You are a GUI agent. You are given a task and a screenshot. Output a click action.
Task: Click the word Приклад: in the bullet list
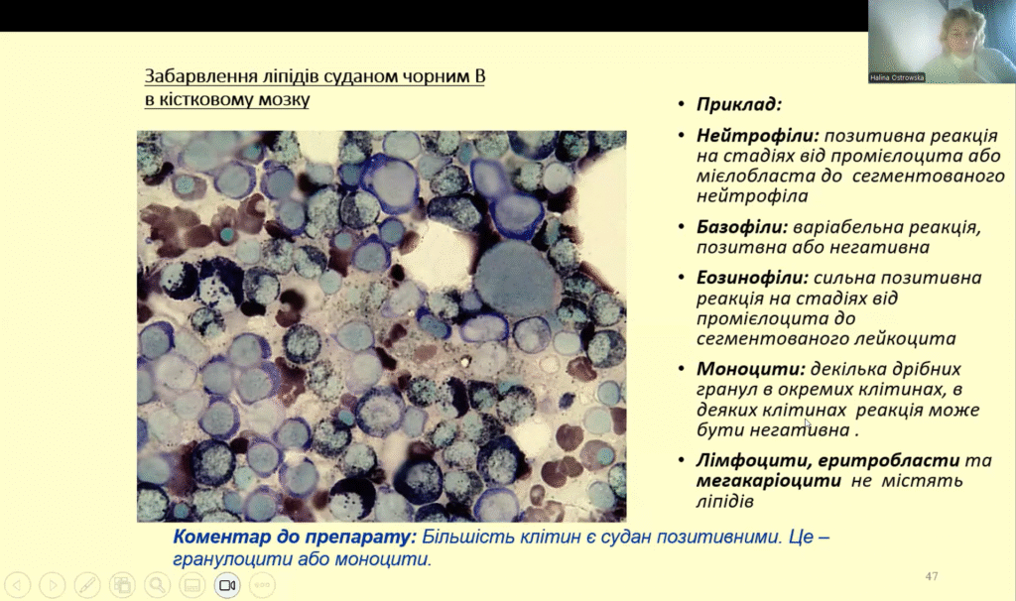(x=739, y=104)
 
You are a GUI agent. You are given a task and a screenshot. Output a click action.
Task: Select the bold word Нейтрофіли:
(x=758, y=135)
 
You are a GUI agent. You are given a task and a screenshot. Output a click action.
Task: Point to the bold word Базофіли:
(x=742, y=227)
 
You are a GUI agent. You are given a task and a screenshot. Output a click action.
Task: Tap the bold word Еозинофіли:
(x=752, y=278)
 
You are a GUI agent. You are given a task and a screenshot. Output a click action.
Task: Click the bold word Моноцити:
(x=751, y=369)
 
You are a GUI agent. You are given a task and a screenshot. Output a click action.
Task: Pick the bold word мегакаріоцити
(x=769, y=481)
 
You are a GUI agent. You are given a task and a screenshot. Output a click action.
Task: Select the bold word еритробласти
(x=889, y=460)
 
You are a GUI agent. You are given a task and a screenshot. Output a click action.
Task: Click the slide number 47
(x=932, y=576)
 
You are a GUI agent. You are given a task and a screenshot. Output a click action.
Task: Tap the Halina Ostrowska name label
(x=897, y=77)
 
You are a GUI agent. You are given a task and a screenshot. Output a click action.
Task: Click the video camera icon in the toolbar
(x=227, y=585)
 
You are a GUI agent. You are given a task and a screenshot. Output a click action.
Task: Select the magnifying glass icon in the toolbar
(x=157, y=585)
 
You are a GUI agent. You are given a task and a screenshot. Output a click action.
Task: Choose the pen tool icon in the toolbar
(x=87, y=585)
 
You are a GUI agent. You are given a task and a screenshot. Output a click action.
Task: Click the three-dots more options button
(x=262, y=585)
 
